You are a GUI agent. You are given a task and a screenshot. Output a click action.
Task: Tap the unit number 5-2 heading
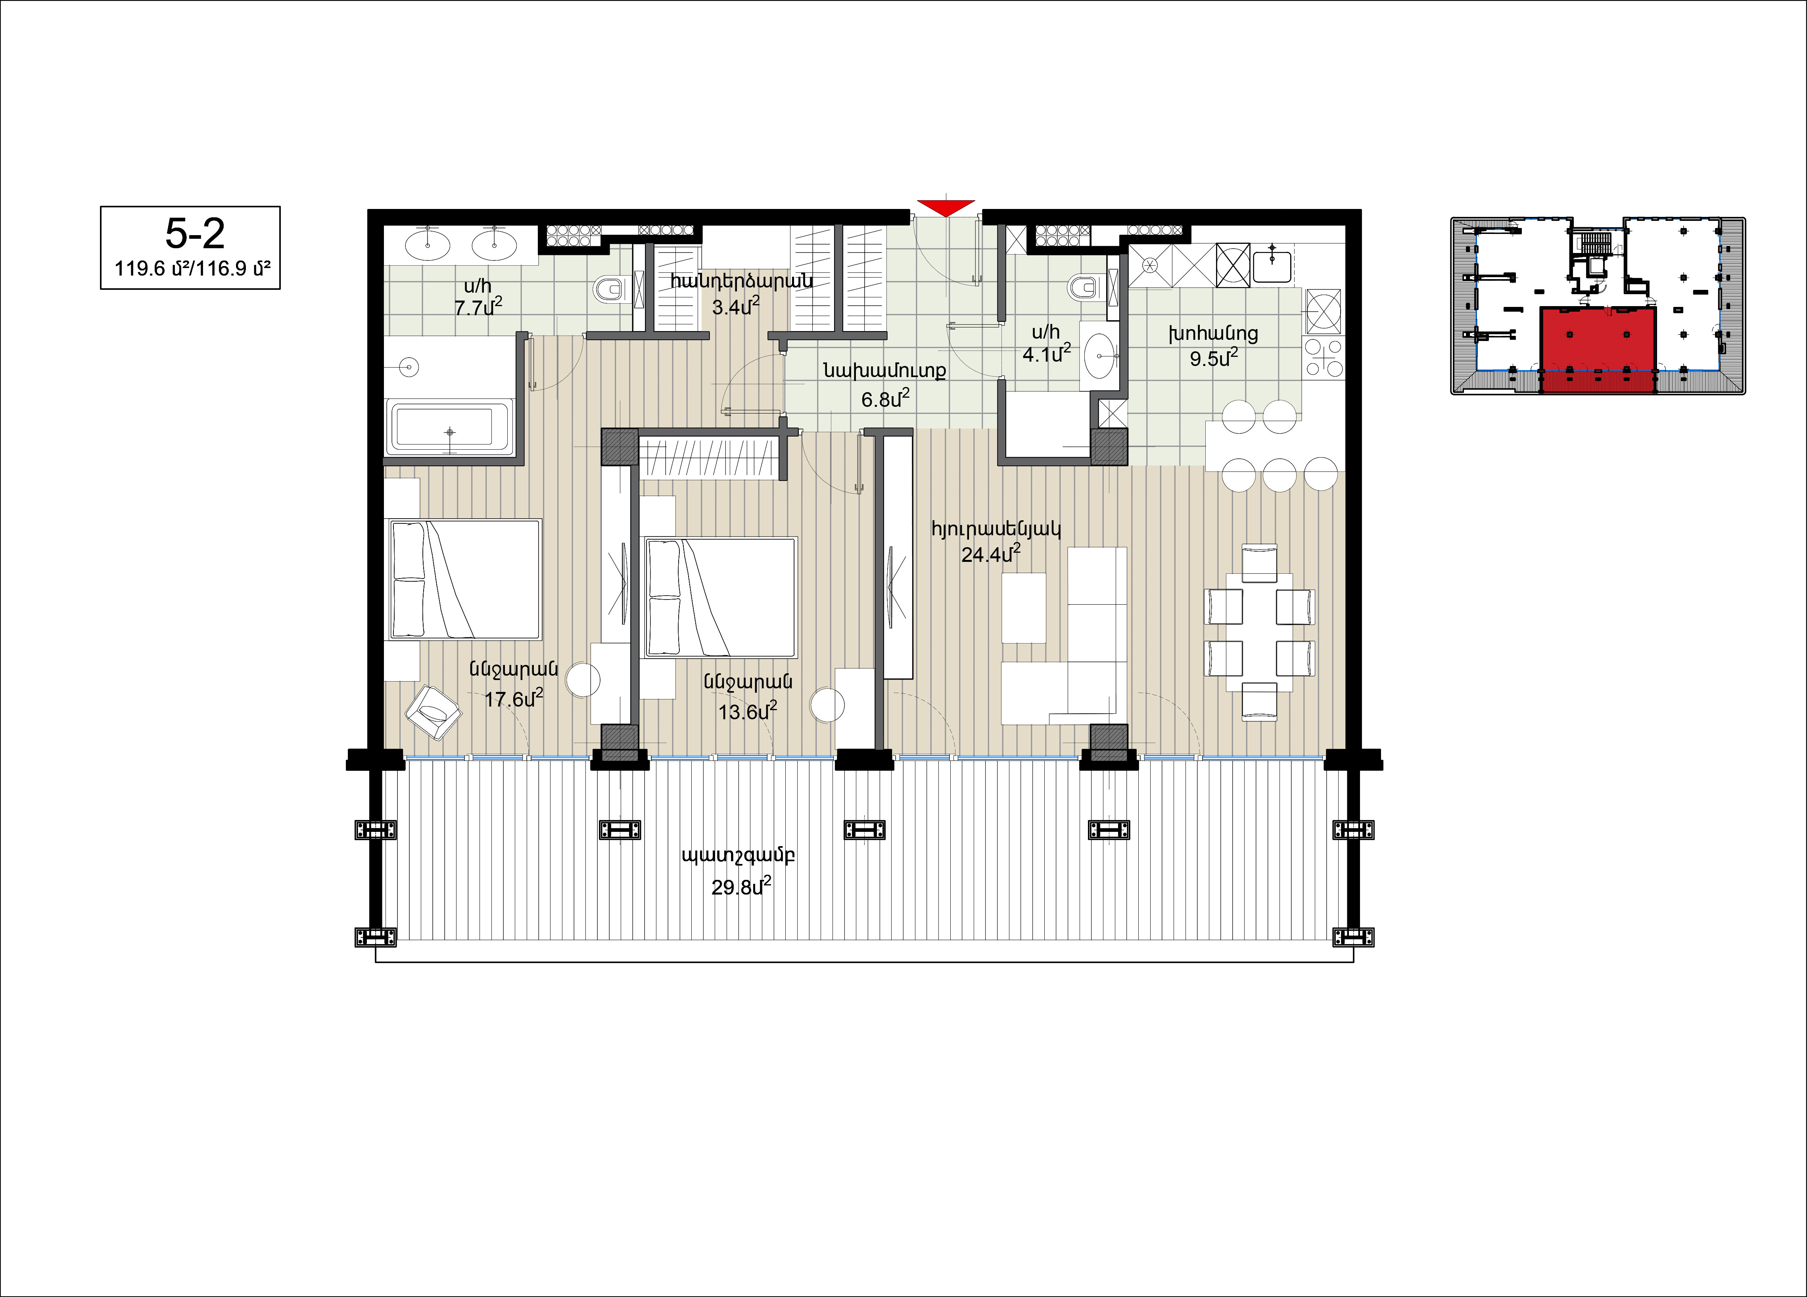tap(195, 234)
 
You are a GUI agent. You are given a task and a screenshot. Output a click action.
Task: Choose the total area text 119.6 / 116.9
tap(192, 268)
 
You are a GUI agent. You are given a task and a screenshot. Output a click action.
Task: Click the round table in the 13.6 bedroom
tap(827, 705)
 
